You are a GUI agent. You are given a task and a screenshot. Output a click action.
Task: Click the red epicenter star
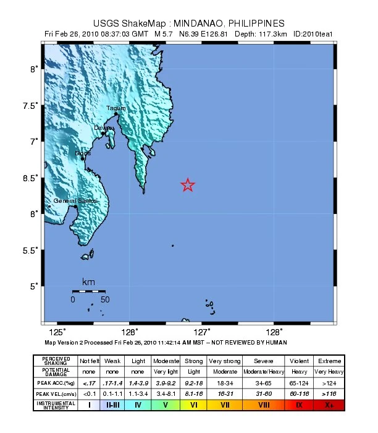(x=188, y=184)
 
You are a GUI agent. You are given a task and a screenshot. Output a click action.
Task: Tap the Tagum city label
(x=116, y=108)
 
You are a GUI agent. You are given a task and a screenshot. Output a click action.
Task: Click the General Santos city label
(x=75, y=201)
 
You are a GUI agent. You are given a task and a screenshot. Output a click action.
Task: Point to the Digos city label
(x=82, y=153)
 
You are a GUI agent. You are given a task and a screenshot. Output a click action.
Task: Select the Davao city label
(x=103, y=128)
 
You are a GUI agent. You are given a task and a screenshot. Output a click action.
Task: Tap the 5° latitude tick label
(x=35, y=286)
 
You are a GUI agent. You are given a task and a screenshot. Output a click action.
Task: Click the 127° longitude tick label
(x=204, y=331)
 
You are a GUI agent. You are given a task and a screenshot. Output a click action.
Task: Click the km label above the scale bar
(x=88, y=282)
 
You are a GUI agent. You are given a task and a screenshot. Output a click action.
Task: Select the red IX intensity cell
(x=299, y=405)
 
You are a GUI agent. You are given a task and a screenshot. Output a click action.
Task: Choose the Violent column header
(x=299, y=361)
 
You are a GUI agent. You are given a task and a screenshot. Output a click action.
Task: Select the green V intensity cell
(x=165, y=405)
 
